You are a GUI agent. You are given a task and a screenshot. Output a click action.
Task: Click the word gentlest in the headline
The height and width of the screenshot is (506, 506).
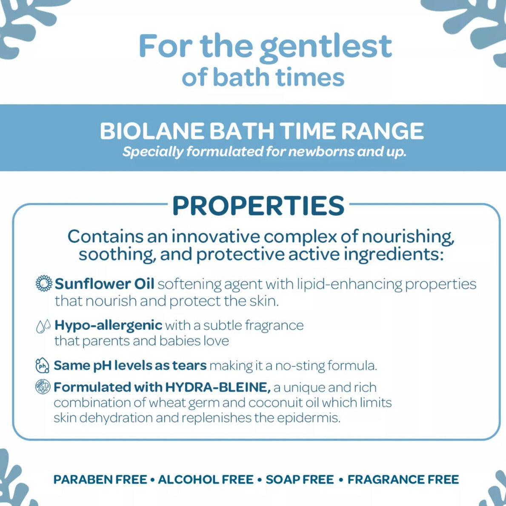pos(326,48)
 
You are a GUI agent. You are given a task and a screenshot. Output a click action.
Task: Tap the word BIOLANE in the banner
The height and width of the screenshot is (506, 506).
pos(152,131)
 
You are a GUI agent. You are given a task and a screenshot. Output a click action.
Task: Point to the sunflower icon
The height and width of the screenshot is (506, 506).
pos(43,283)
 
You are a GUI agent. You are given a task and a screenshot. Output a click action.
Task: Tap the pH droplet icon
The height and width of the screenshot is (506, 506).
pos(42,365)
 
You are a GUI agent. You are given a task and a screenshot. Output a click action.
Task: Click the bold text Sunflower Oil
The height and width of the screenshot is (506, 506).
pos(104,284)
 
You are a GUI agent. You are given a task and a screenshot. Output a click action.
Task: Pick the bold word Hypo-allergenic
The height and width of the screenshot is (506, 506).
pos(109,325)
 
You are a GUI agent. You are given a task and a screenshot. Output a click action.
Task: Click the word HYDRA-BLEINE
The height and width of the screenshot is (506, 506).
pos(218,387)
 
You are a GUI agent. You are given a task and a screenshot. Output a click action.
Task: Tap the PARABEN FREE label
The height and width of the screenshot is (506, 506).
pos(100,480)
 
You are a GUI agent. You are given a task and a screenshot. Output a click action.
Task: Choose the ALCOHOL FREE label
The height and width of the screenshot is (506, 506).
pos(206,480)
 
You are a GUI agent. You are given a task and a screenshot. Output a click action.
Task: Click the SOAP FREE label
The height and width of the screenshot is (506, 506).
pos(300,480)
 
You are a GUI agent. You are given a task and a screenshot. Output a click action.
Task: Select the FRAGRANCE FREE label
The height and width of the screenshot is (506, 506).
pos(403,480)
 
